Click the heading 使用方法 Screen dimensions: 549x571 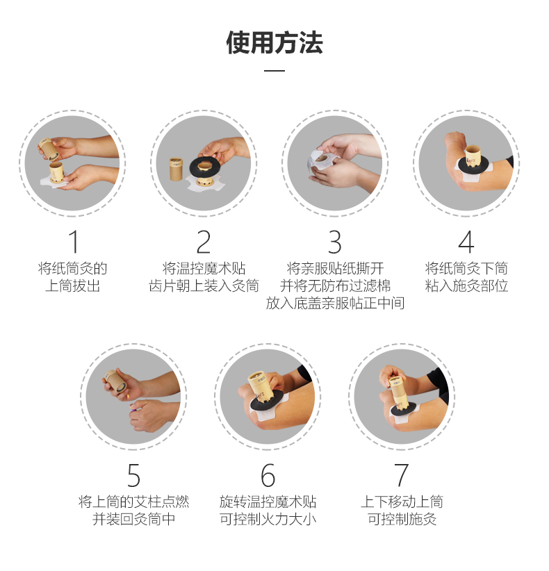coord(274,42)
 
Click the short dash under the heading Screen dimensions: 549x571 coord(274,70)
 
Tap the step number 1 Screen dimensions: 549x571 coord(73,242)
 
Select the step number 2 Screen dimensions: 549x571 coord(204,242)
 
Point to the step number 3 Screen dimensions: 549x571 coord(335,242)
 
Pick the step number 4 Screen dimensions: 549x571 coord(466,242)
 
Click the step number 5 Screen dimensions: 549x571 coord(133,475)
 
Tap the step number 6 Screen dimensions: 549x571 coord(268,475)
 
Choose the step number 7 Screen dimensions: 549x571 coord(402,475)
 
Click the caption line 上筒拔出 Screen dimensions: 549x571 coord(72,285)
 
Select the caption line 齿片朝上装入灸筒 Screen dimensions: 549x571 coord(204,285)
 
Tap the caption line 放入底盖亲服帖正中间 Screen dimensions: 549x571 coord(335,303)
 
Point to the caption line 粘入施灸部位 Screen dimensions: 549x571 coord(466,285)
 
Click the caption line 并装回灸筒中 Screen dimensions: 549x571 coord(133,519)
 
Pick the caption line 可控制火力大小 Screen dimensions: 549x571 coord(268,519)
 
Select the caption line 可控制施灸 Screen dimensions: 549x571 coord(402,519)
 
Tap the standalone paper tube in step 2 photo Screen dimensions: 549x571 coord(176,169)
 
